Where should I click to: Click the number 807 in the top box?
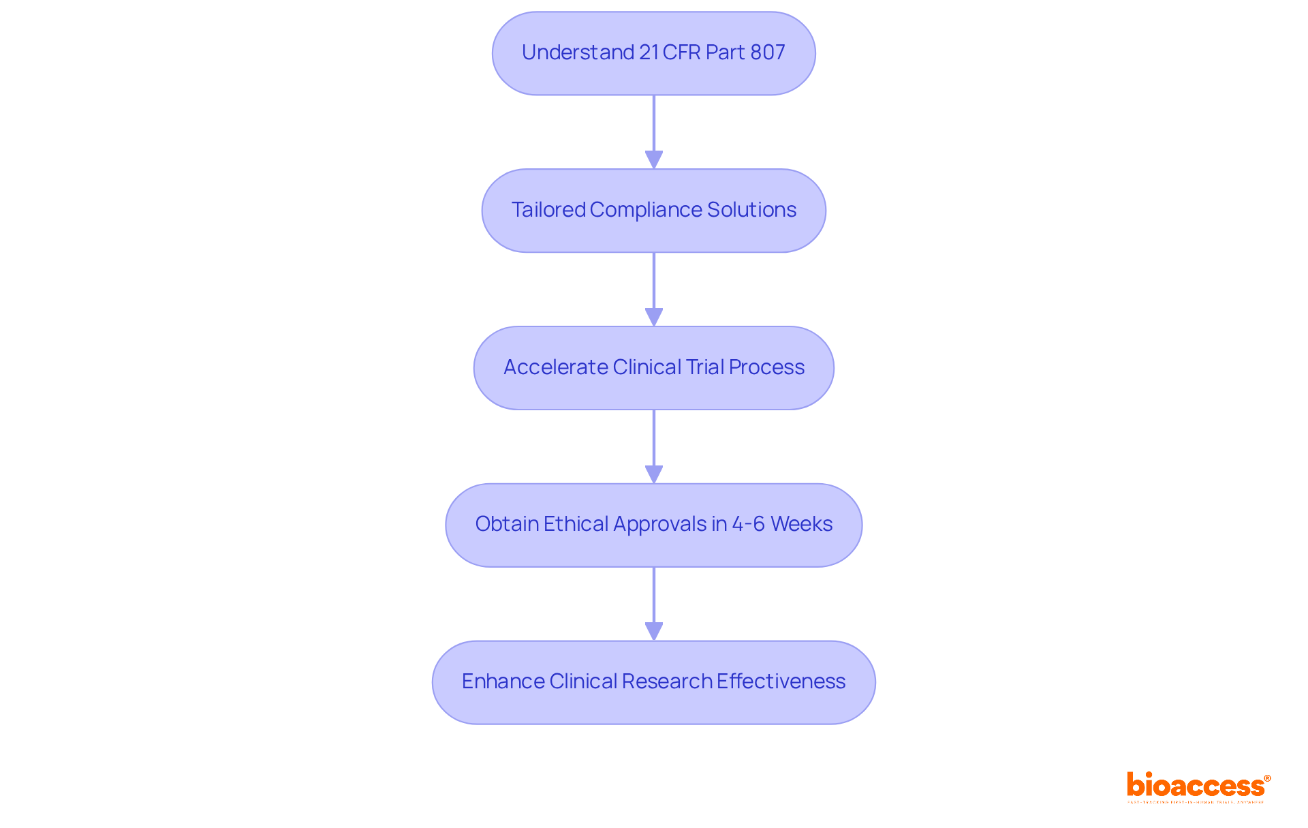coord(767,52)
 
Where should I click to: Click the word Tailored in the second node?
coord(548,210)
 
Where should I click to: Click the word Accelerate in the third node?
coord(555,367)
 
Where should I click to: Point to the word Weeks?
coord(802,524)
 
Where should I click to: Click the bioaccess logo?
coord(1198,786)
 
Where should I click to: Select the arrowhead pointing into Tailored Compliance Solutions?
coord(654,159)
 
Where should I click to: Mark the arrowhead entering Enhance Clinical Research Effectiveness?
coord(654,631)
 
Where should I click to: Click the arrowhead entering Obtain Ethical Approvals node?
coord(654,474)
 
